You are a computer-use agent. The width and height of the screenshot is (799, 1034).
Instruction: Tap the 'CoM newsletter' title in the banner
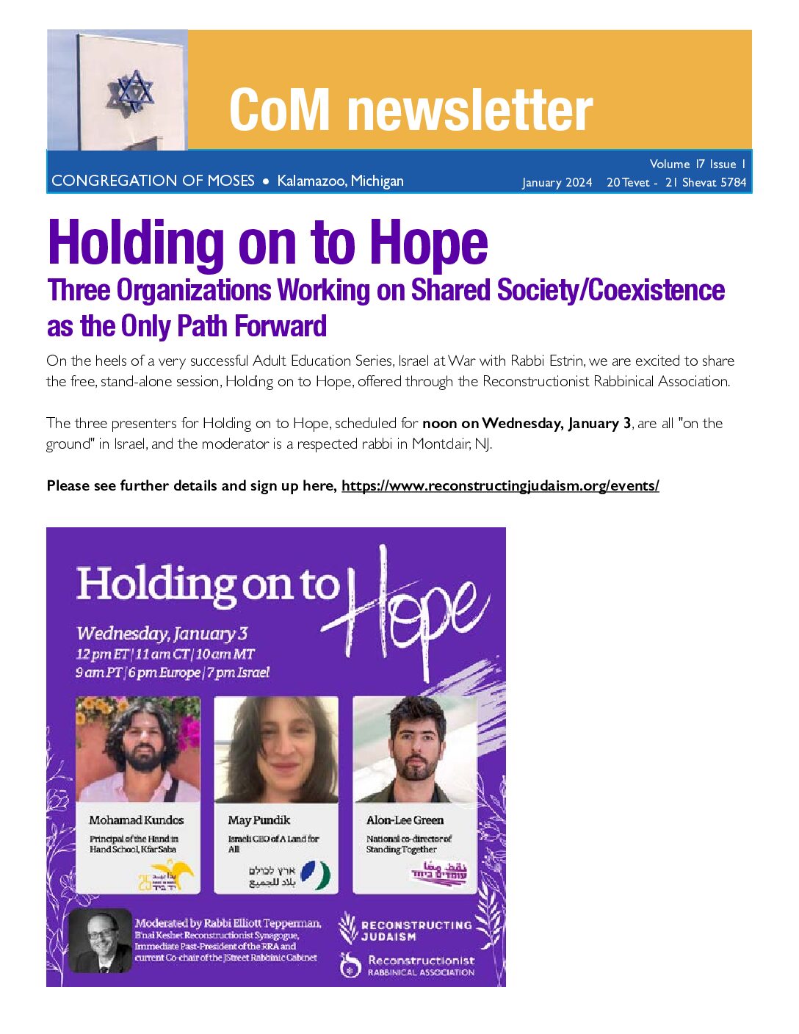411,109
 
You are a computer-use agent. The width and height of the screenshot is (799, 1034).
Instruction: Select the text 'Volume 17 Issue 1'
697,164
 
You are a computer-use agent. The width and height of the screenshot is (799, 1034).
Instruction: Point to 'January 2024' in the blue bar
557,182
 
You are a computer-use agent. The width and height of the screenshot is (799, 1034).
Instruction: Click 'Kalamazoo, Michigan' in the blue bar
340,181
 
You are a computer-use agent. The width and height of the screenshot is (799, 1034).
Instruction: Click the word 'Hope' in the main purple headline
428,243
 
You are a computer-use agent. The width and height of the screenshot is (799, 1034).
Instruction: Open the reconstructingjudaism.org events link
500,485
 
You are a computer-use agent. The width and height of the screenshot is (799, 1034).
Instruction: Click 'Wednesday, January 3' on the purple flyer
162,633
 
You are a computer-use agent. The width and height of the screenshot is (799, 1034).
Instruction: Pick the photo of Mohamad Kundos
138,749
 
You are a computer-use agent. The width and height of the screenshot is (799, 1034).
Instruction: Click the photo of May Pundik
276,749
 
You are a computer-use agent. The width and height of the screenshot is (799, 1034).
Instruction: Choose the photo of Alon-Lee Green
415,749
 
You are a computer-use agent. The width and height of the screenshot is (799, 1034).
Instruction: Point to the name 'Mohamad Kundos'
137,820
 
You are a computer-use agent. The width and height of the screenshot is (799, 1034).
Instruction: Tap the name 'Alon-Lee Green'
405,820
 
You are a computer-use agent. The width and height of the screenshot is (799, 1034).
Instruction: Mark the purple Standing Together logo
438,874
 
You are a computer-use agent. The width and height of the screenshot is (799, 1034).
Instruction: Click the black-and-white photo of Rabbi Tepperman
101,940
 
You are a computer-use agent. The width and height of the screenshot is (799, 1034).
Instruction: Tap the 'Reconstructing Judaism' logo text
416,930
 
